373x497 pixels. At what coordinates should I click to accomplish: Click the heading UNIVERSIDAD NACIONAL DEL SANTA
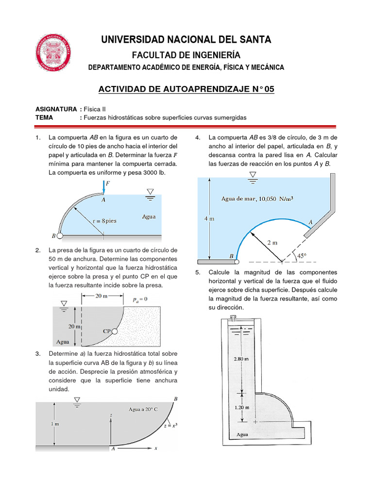coord(186,39)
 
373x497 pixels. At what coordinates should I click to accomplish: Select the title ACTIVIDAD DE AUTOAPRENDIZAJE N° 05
coord(186,89)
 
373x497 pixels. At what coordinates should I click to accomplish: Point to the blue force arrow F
coord(104,186)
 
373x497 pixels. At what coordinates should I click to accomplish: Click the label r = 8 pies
coord(105,220)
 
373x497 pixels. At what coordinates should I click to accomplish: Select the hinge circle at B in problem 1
coord(60,236)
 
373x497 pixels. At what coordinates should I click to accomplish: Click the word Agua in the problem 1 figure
coord(149,216)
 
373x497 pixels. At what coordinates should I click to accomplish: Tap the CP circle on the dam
coord(115,331)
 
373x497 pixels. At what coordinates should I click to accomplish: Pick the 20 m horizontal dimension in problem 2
coord(102,296)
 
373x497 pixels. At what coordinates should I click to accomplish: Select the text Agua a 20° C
coord(143,410)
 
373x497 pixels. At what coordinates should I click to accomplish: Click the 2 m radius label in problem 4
coord(272,242)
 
